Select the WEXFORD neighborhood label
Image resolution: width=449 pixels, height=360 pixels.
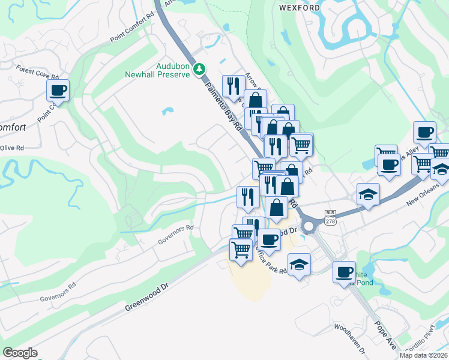(x=298, y=8)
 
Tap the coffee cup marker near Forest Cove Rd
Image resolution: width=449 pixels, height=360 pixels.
(x=58, y=91)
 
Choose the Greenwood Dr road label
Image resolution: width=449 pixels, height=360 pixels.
(x=147, y=298)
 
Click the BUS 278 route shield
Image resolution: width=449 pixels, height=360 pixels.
(x=330, y=217)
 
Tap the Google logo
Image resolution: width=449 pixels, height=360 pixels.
(x=20, y=353)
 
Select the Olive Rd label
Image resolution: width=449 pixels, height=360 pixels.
(x=11, y=148)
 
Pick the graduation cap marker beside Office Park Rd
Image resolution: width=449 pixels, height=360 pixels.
(x=299, y=264)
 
